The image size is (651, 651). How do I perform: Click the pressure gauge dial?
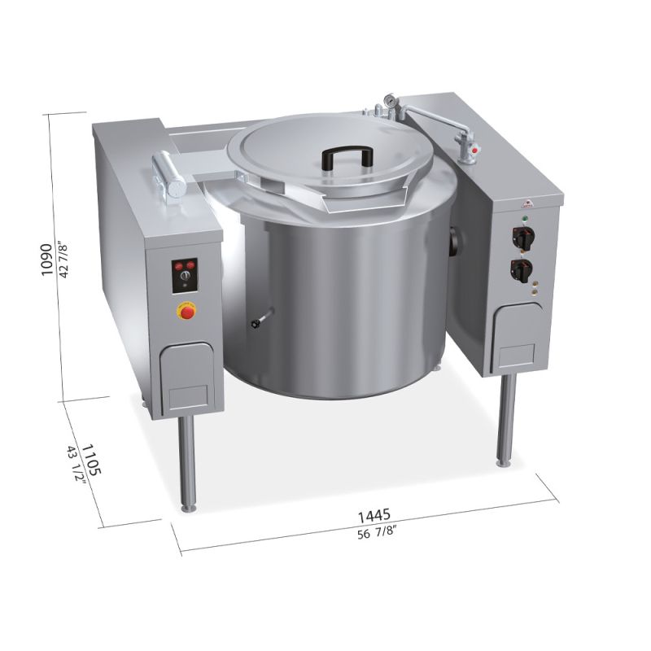pos(390,99)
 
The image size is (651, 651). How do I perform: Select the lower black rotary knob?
pos(522,269)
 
